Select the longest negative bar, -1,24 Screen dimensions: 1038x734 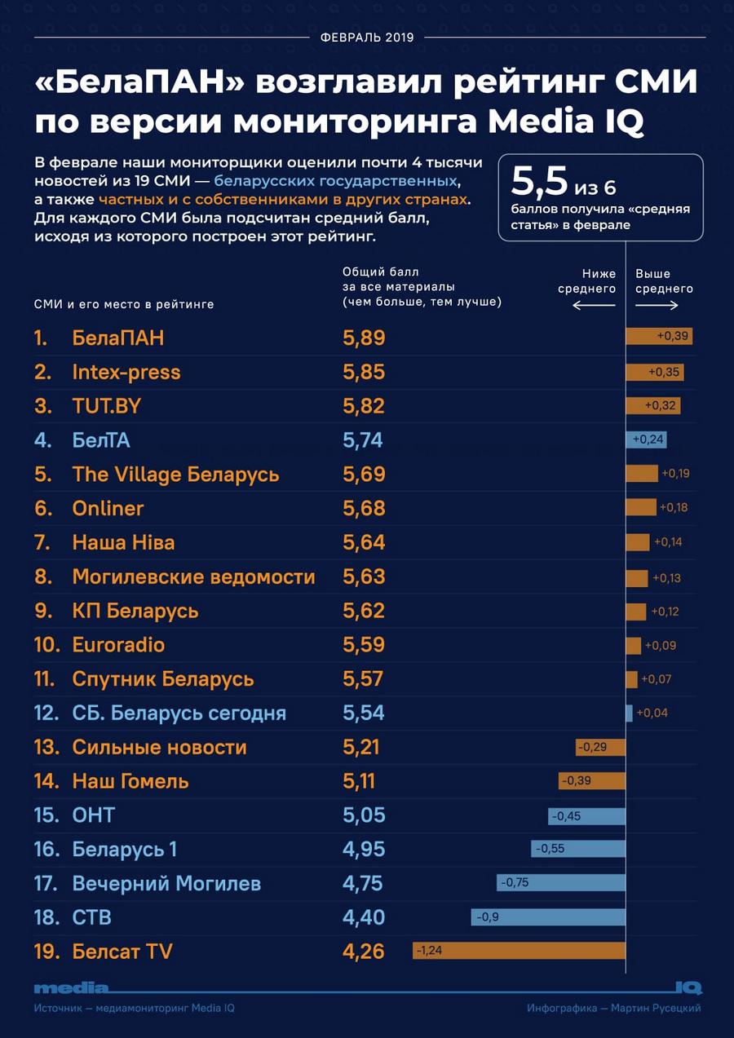(x=519, y=951)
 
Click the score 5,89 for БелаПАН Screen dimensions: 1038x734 (x=364, y=338)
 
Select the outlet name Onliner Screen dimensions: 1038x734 (x=108, y=508)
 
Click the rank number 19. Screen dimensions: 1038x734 (x=46, y=952)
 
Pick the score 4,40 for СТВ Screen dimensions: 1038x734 (x=364, y=917)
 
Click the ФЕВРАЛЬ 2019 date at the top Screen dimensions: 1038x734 (x=367, y=38)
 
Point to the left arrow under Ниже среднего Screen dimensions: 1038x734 (x=594, y=306)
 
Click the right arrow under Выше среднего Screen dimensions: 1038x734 (x=657, y=306)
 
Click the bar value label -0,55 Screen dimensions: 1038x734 (x=550, y=849)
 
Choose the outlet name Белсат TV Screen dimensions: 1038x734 (x=122, y=952)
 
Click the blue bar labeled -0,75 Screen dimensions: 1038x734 (x=561, y=883)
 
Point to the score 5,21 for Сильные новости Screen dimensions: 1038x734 (x=361, y=747)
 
